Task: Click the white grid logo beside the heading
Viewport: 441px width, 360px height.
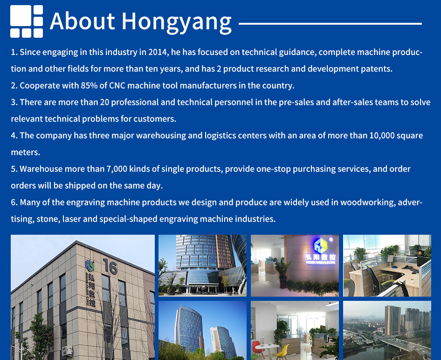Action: click(27, 21)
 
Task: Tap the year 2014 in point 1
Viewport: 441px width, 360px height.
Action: click(158, 52)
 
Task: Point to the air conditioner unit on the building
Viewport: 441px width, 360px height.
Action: click(67, 351)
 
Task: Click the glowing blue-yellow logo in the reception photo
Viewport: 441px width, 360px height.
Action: click(321, 245)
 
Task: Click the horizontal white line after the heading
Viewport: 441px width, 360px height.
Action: click(330, 24)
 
